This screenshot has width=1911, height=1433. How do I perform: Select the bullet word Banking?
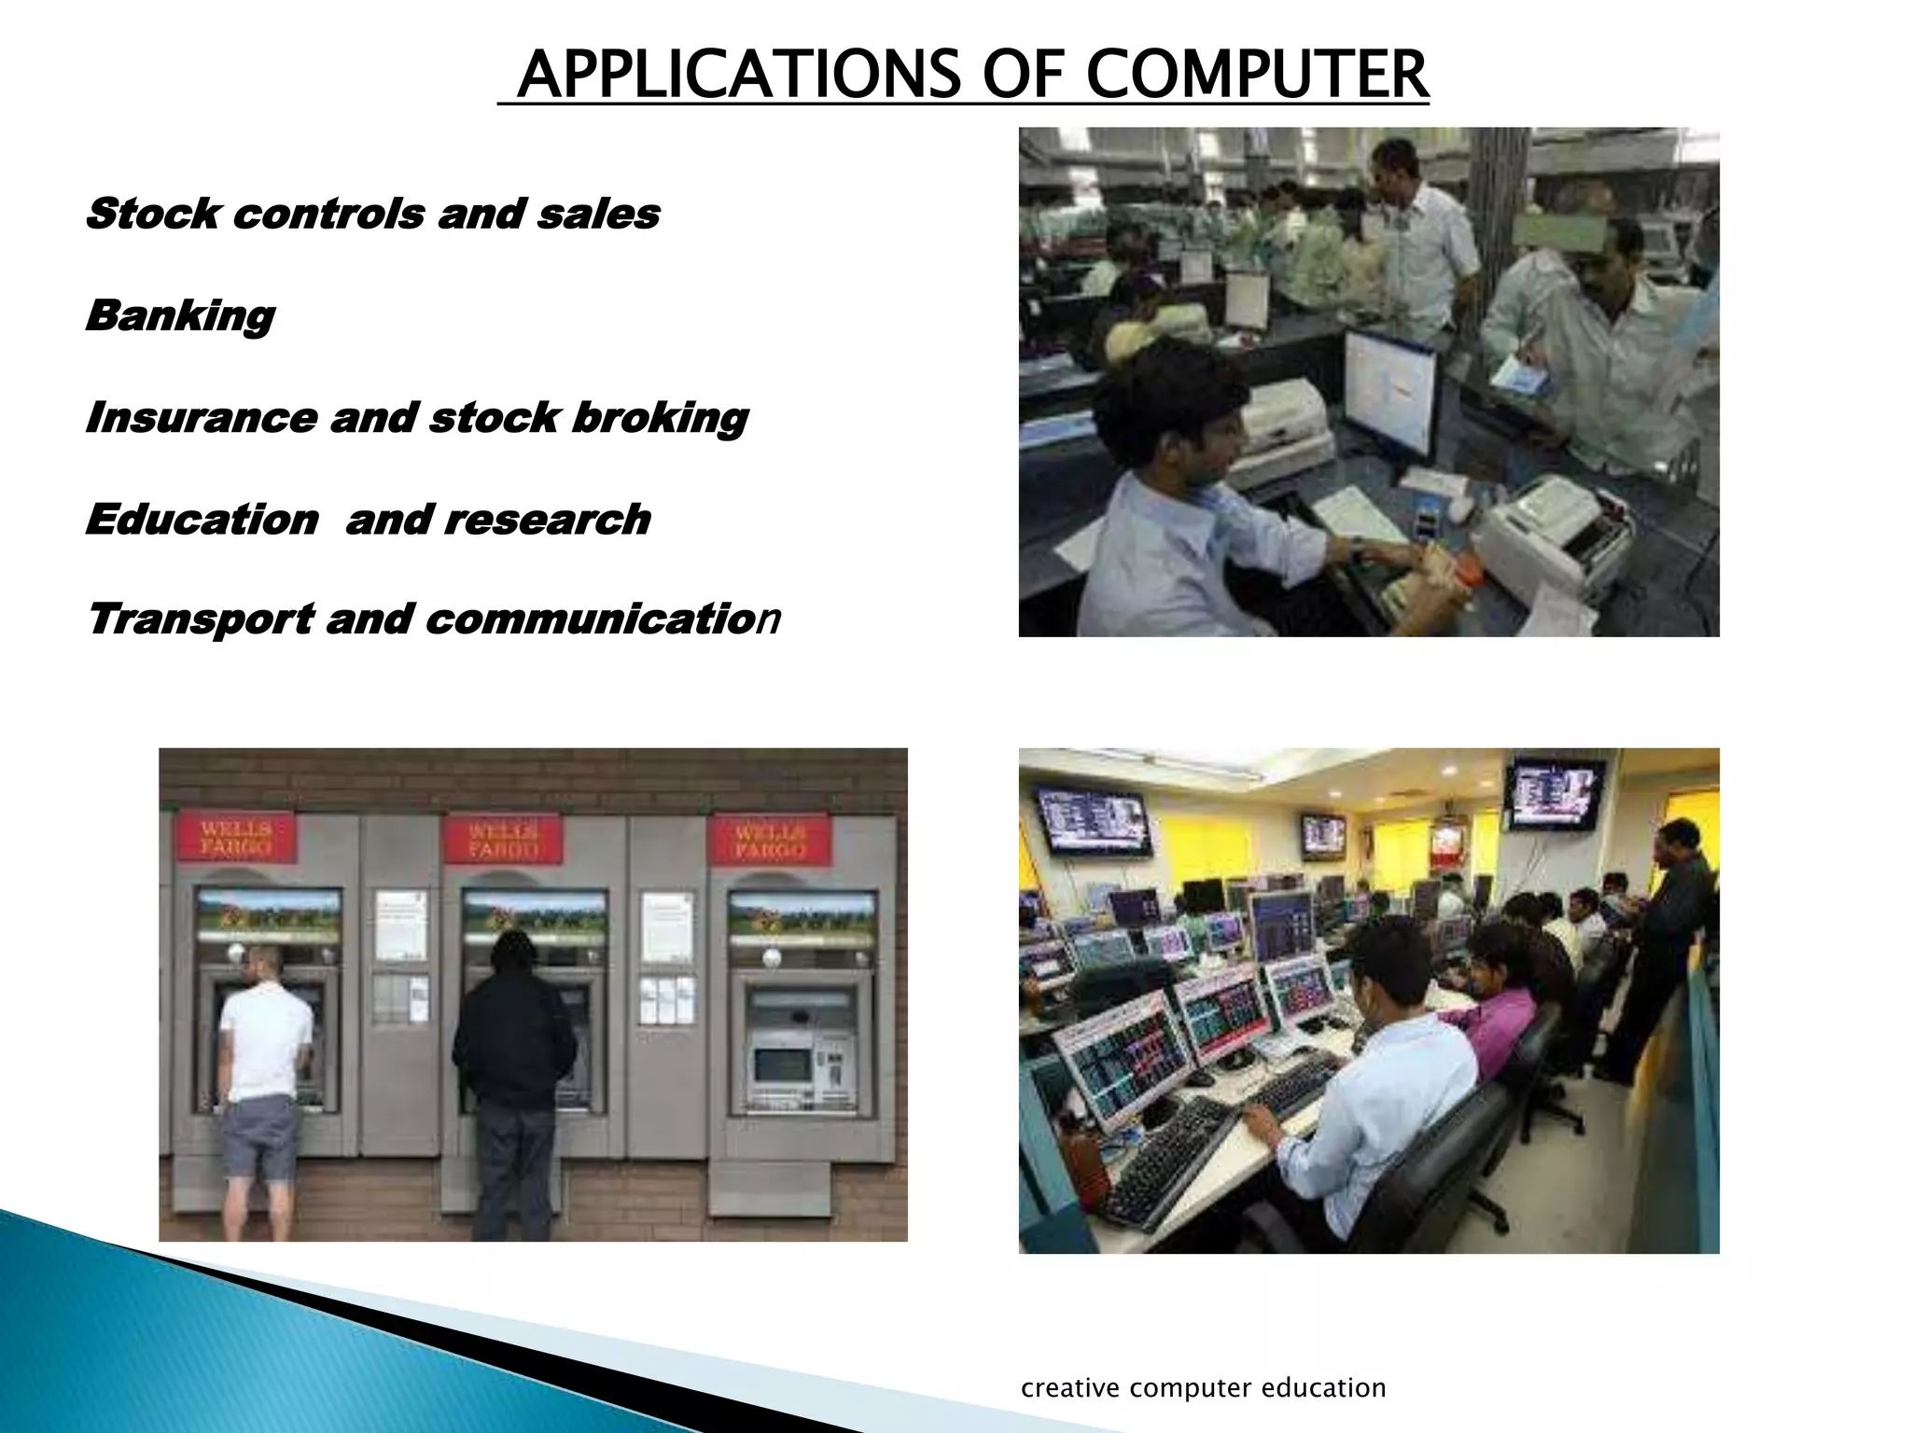click(x=180, y=315)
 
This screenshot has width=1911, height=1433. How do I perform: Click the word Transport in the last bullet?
click(x=200, y=619)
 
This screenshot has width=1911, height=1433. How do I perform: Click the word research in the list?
click(x=547, y=519)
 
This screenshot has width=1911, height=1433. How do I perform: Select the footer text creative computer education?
click(x=1203, y=1388)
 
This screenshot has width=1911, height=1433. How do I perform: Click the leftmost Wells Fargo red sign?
click(x=237, y=838)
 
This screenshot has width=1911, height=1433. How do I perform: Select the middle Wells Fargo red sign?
click(x=503, y=839)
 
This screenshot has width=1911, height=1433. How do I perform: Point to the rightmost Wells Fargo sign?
click(x=770, y=839)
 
